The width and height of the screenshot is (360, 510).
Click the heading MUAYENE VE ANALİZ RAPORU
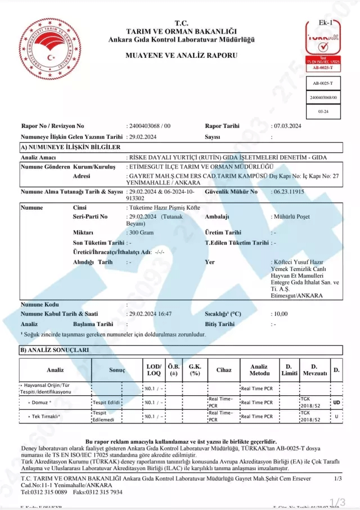(x=181, y=55)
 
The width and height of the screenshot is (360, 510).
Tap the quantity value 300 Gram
(x=141, y=232)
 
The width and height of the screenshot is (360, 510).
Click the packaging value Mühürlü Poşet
(x=290, y=216)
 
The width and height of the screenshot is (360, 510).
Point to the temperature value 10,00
(x=281, y=314)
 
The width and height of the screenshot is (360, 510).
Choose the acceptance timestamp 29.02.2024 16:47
(x=150, y=314)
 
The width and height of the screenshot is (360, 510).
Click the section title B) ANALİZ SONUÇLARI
(x=54, y=350)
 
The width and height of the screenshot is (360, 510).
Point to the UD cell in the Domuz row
(x=336, y=403)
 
